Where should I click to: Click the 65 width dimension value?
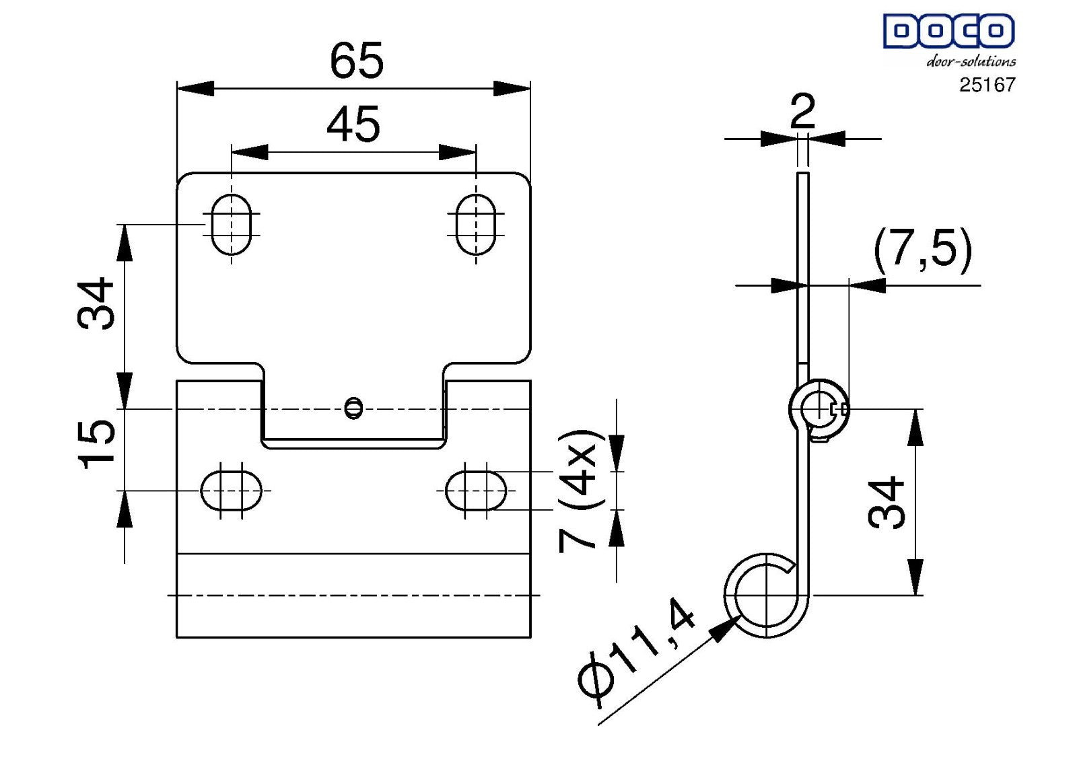[x=357, y=61]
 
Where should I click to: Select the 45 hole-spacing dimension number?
[x=353, y=124]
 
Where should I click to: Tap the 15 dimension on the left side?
[x=97, y=444]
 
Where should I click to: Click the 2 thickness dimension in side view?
[x=802, y=111]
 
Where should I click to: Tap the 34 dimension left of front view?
[x=96, y=303]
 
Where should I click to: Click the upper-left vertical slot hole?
[x=232, y=225]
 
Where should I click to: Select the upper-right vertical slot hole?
[x=476, y=225]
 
